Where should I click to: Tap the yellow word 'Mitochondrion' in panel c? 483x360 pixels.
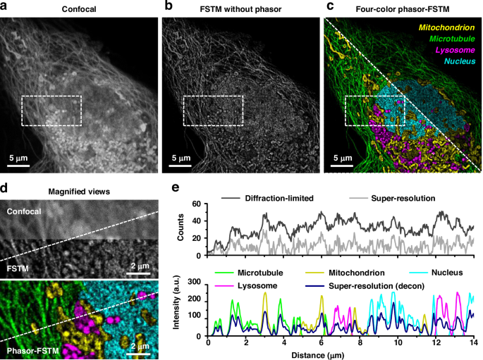(x=448, y=27)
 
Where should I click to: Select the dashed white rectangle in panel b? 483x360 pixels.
(x=214, y=111)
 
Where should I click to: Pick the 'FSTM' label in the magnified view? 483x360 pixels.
(x=18, y=268)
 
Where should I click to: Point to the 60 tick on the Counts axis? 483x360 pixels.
(x=197, y=204)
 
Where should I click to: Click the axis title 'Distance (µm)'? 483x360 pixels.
(x=340, y=354)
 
